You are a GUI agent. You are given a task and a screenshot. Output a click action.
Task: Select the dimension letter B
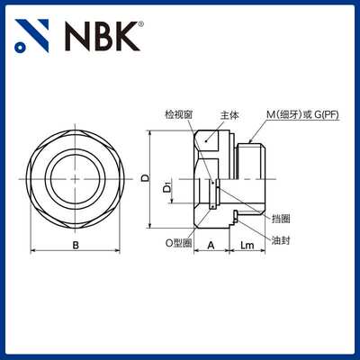click(x=76, y=244)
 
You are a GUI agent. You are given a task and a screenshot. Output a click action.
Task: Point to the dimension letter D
click(x=146, y=178)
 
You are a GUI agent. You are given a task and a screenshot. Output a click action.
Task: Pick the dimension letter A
click(x=209, y=244)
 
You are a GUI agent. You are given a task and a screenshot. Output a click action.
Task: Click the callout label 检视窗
click(x=178, y=114)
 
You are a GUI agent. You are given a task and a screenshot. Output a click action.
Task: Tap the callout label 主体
click(x=229, y=114)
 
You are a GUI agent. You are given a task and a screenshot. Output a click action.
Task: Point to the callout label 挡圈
click(x=282, y=217)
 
